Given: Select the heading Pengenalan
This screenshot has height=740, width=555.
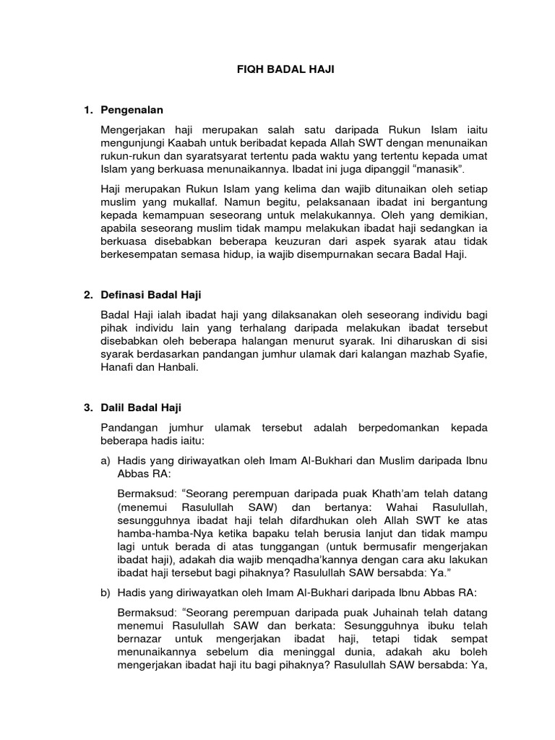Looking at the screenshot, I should coord(133,110).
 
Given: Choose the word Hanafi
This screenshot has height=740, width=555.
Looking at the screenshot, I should coord(121,367).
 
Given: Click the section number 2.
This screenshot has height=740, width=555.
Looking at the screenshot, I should coord(87,295).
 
